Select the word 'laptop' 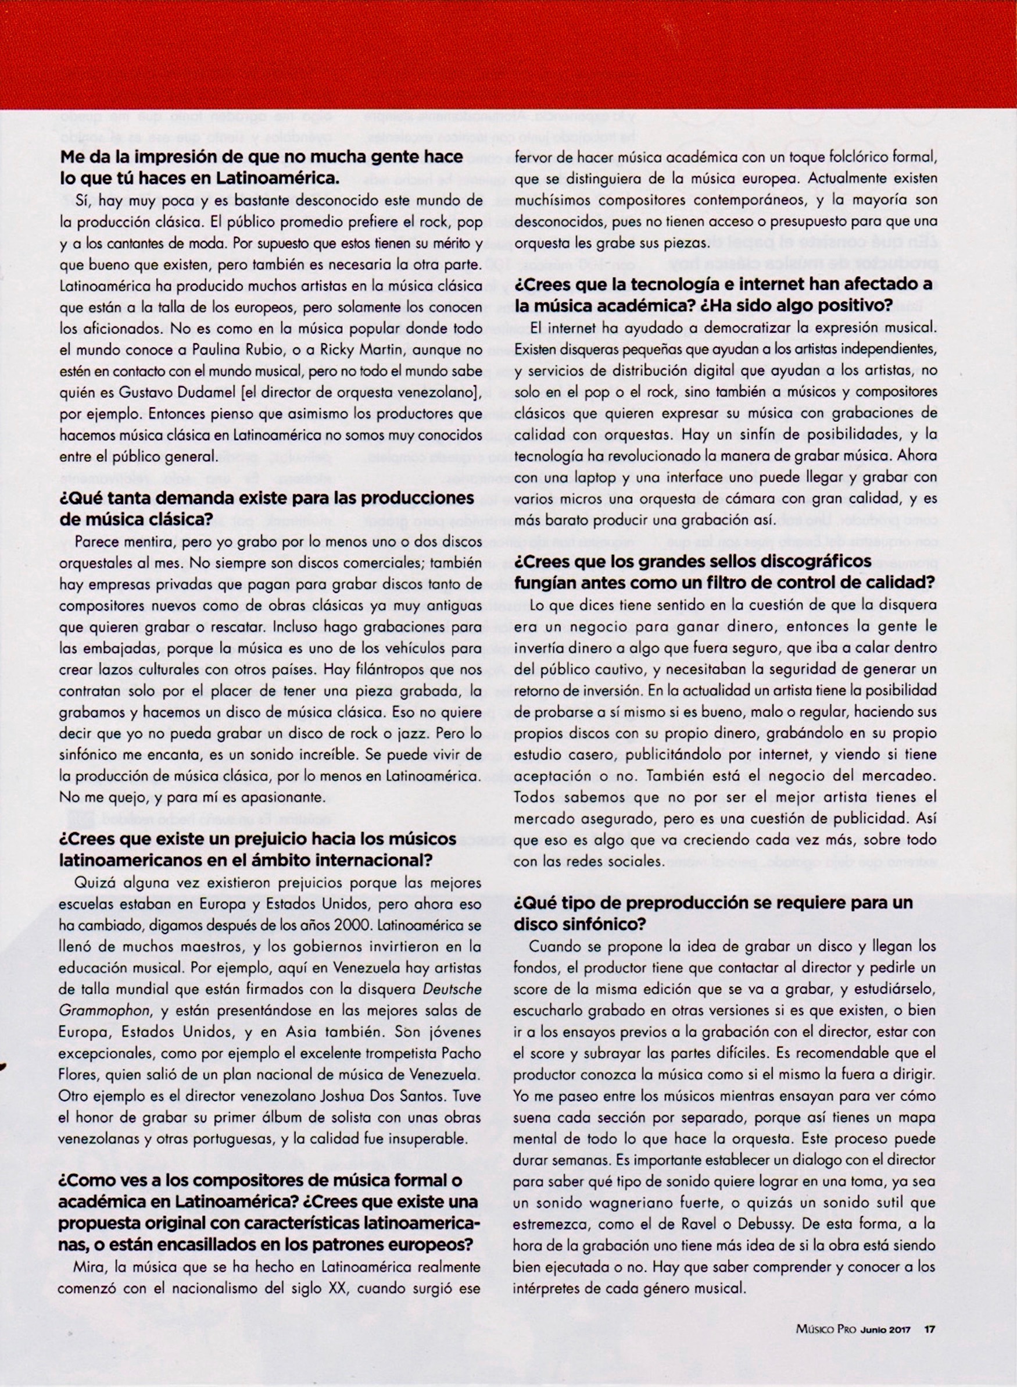click(592, 479)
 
